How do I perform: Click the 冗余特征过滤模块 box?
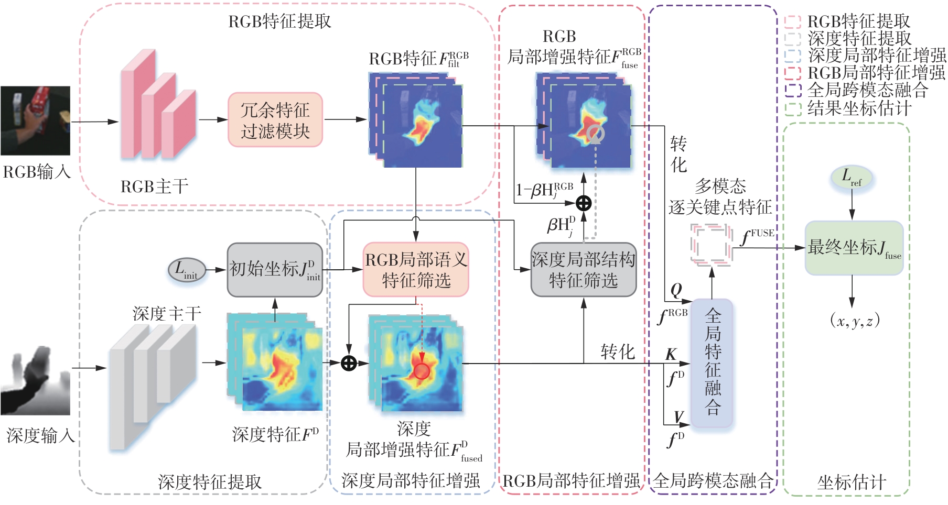pyautogui.click(x=275, y=120)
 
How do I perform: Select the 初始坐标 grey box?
pyautogui.click(x=274, y=270)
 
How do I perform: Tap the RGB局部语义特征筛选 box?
pyautogui.click(x=416, y=270)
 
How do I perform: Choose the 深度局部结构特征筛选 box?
pyautogui.click(x=583, y=270)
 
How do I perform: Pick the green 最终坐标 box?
pyautogui.click(x=854, y=248)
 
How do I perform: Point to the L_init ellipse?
pyautogui.click(x=186, y=270)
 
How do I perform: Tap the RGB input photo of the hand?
pyautogui.click(x=35, y=120)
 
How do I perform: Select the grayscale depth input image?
pyautogui.click(x=35, y=380)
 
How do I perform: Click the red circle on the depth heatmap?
pyautogui.click(x=421, y=371)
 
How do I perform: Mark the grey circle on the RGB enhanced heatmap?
pyautogui.click(x=596, y=134)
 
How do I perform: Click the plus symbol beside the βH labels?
pyautogui.click(x=584, y=203)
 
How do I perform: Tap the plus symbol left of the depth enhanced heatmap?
pyautogui.click(x=349, y=363)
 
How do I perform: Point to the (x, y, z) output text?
pyautogui.click(x=854, y=320)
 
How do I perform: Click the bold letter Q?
pyautogui.click(x=676, y=290)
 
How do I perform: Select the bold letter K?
pyautogui.click(x=671, y=354)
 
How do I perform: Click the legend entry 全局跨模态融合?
pyautogui.click(x=867, y=90)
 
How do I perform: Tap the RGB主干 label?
pyautogui.click(x=154, y=186)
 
